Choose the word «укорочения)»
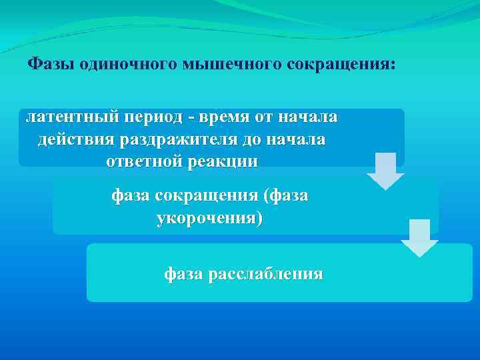coord(209,218)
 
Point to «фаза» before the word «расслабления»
coord(184,274)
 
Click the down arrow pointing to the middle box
coord(385,171)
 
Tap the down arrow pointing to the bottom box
coord(419,238)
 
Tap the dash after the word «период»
coord(191,118)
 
